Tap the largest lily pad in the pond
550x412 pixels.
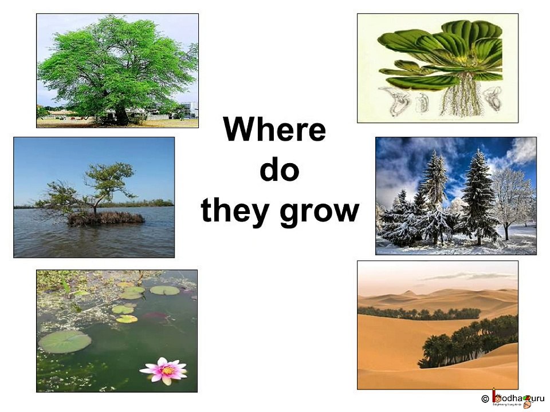coord(65,342)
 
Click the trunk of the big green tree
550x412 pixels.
coord(121,115)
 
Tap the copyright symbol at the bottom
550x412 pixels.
coord(485,398)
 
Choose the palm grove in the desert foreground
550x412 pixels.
coord(464,343)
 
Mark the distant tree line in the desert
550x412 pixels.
coord(418,313)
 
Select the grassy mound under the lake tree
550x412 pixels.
coord(106,217)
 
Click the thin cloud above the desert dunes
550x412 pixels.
coord(464,276)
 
